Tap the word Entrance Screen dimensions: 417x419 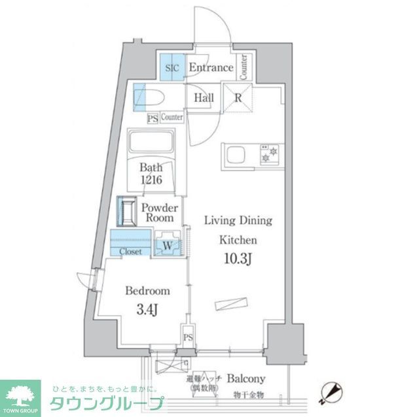point(211,67)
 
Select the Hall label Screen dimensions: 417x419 point(202,99)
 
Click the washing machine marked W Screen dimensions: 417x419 point(168,246)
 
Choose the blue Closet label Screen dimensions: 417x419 point(130,251)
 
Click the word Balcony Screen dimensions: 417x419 point(246,378)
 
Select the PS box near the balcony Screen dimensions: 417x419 point(188,338)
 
